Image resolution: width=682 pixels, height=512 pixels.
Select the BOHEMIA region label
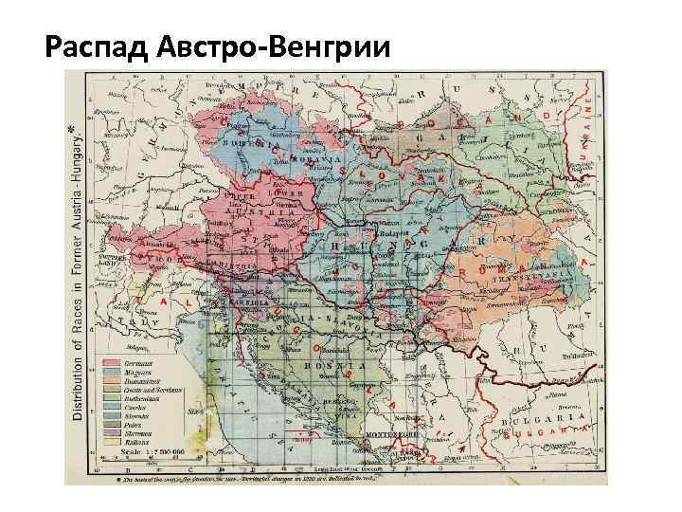pyautogui.click(x=244, y=145)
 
